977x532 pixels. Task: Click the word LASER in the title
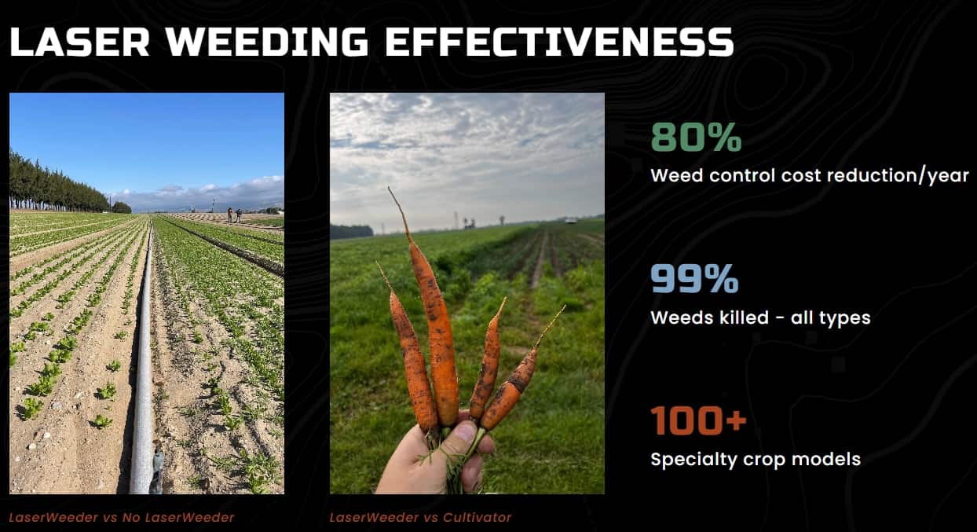coord(80,42)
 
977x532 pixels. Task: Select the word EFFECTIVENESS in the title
coord(560,42)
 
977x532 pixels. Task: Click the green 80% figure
coord(696,137)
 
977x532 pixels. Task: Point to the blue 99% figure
coord(694,278)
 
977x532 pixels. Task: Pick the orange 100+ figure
coord(698,420)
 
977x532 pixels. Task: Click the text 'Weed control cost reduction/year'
coord(810,176)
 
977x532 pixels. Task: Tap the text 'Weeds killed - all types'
coord(760,317)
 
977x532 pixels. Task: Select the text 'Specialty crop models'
coord(756,460)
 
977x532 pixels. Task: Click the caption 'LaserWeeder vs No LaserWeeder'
coord(122,518)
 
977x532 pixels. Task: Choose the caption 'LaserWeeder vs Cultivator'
coord(420,518)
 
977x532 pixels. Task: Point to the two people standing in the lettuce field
coord(234,215)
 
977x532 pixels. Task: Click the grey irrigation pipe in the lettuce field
coord(144,358)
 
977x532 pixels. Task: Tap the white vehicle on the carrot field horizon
coord(570,221)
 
